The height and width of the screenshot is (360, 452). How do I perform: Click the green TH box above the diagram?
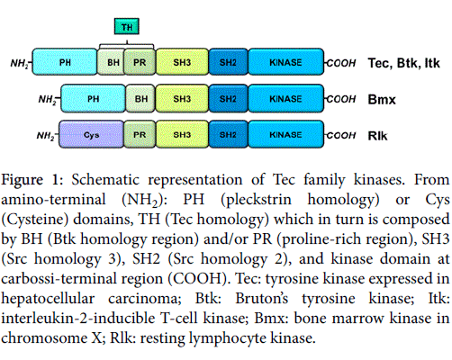click(x=127, y=26)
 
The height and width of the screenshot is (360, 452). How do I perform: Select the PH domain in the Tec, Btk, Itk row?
click(x=65, y=62)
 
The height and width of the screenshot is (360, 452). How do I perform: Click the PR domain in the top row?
click(x=140, y=62)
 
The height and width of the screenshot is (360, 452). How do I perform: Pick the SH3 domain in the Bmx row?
click(x=182, y=99)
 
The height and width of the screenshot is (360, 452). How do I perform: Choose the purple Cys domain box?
click(x=91, y=135)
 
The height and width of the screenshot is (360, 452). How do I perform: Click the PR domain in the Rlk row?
click(x=140, y=135)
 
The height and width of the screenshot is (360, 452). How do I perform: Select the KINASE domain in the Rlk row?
click(x=286, y=135)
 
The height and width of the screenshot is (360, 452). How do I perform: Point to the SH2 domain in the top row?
click(x=229, y=62)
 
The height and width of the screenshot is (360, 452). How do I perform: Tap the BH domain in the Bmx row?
click(x=140, y=99)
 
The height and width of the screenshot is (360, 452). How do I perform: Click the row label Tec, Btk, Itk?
click(x=404, y=63)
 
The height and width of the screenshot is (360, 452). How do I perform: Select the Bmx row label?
click(x=382, y=100)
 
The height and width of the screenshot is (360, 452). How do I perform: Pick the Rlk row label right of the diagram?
click(x=377, y=136)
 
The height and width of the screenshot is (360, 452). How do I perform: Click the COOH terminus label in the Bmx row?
click(x=341, y=99)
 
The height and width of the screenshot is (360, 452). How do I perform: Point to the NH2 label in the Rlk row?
click(x=46, y=136)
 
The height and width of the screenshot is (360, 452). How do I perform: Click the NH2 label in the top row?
click(x=20, y=64)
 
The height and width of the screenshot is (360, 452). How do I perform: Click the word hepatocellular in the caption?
click(x=48, y=299)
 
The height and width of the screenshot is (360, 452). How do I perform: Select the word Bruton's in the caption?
click(x=262, y=298)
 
